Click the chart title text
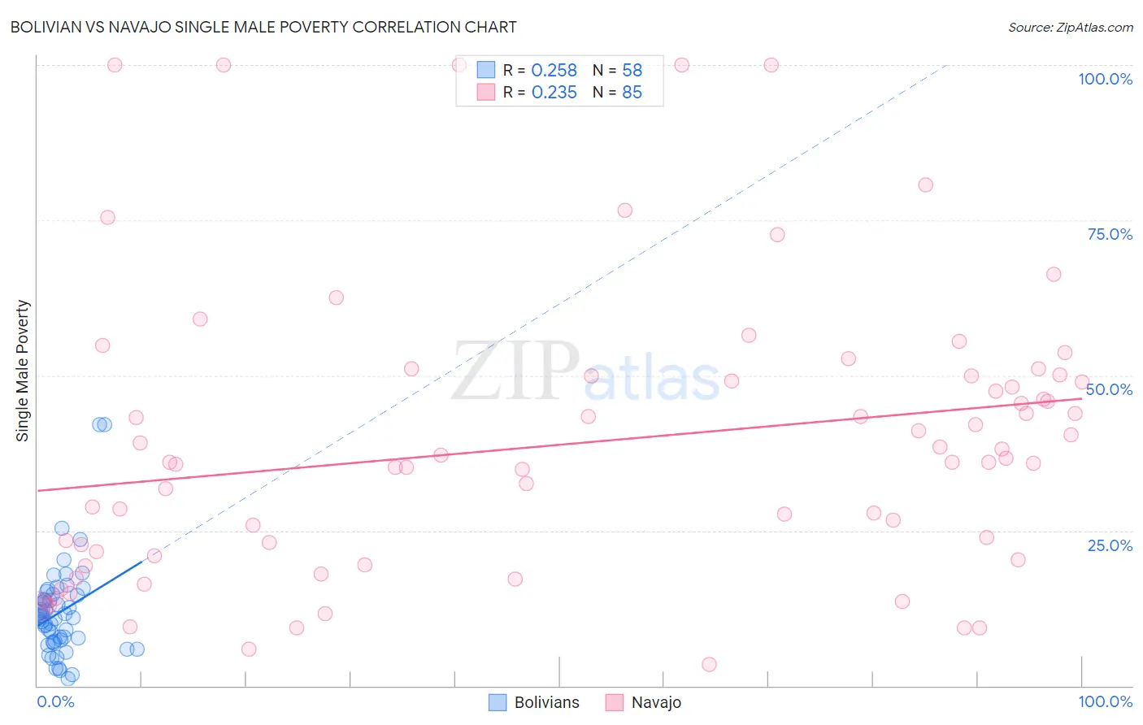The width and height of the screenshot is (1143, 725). (263, 27)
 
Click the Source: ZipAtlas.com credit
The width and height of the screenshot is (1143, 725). (1070, 27)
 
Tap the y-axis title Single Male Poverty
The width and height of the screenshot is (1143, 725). (23, 371)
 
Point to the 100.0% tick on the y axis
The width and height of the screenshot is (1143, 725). (1105, 79)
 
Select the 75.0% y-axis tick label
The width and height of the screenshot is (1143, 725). (1110, 234)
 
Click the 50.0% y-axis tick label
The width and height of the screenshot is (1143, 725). (1109, 389)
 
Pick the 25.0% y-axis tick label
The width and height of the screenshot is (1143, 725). (1110, 545)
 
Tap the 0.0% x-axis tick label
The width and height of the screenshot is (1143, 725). (55, 701)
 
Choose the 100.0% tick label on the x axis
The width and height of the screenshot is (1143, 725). (1105, 701)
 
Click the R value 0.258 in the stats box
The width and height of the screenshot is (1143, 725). (554, 71)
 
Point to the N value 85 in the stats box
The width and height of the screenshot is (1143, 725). (632, 93)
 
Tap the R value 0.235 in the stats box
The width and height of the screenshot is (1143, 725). (554, 93)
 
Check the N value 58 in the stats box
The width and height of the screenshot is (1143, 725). (632, 71)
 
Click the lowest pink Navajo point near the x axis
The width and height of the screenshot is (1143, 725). (709, 665)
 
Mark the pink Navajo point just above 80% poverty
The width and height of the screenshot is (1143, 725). (925, 185)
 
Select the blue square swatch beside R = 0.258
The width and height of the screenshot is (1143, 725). (486, 70)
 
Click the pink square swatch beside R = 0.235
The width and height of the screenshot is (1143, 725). (486, 92)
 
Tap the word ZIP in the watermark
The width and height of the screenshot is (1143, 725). (515, 372)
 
